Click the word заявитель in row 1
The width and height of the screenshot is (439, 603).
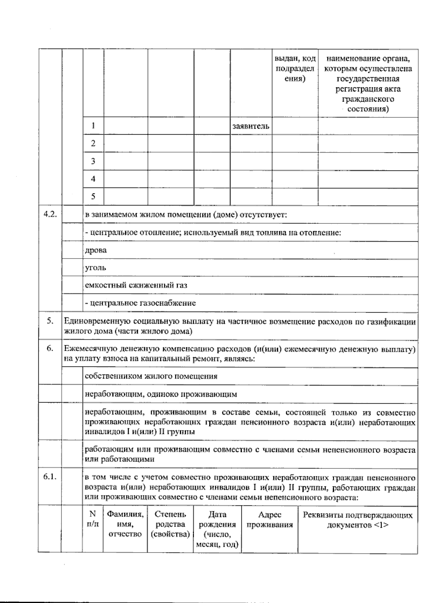pyautogui.click(x=251, y=127)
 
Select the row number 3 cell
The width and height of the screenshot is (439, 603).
pyautogui.click(x=93, y=161)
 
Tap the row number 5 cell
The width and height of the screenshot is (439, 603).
pyautogui.click(x=93, y=197)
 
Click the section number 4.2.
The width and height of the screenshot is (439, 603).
pyautogui.click(x=50, y=215)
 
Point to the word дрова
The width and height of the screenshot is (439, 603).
pyautogui.click(x=96, y=250)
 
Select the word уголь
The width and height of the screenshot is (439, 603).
pyautogui.click(x=95, y=268)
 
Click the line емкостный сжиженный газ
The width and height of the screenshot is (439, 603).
pyautogui.click(x=136, y=285)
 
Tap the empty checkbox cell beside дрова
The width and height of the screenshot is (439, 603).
pyautogui.click(x=72, y=250)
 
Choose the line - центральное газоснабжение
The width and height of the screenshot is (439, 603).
pyautogui.click(x=140, y=303)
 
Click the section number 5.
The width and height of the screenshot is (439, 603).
pyautogui.click(x=50, y=321)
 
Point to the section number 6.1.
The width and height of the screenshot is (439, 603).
pyautogui.click(x=50, y=477)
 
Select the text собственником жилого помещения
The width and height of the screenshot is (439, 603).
pyautogui.click(x=151, y=376)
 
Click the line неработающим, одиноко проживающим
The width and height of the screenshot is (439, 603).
pyautogui.click(x=161, y=394)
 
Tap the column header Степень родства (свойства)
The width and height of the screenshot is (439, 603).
pyautogui.click(x=170, y=524)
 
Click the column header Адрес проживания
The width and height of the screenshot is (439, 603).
pyautogui.click(x=270, y=520)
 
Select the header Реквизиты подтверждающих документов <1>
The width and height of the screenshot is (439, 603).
pyautogui.click(x=358, y=520)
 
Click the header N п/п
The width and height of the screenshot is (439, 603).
pyautogui.click(x=93, y=519)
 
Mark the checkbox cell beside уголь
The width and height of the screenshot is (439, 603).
pyautogui.click(x=72, y=268)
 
